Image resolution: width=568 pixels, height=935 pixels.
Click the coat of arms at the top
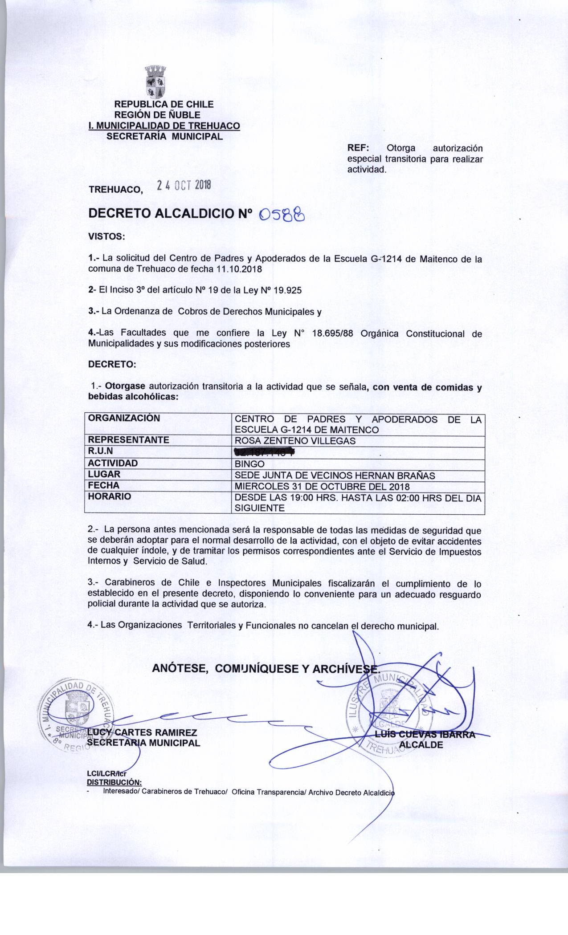(155, 82)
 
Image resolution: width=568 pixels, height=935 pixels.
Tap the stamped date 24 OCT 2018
(184, 186)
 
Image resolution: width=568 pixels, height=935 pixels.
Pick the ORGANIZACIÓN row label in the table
(124, 419)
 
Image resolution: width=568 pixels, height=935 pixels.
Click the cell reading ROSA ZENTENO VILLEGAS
(295, 441)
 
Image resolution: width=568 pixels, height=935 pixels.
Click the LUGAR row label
(104, 475)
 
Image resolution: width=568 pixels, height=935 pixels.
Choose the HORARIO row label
(110, 497)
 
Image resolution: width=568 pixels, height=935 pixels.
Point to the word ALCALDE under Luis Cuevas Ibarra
(421, 744)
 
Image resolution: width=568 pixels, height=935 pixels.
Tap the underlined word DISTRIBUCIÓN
(114, 782)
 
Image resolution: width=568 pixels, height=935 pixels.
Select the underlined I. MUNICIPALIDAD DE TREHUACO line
(164, 126)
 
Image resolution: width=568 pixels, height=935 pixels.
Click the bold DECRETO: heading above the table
(111, 365)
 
